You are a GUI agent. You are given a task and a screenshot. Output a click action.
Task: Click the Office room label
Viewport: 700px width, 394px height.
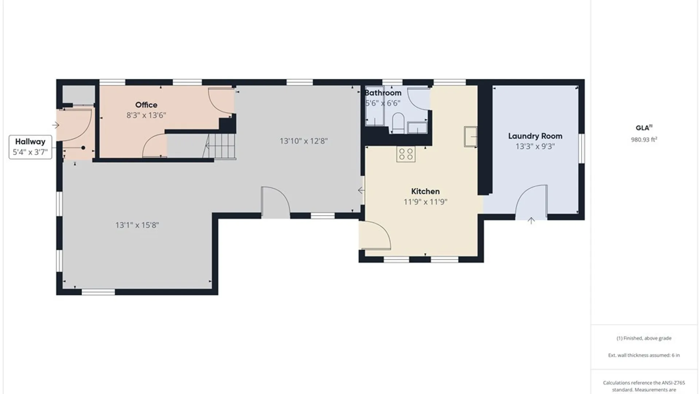(146, 105)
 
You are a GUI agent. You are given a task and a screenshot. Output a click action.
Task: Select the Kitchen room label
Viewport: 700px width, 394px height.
(425, 191)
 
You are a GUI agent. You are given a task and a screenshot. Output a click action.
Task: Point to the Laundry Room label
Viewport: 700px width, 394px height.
(535, 136)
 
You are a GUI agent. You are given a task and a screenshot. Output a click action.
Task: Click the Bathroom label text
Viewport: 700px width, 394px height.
(383, 93)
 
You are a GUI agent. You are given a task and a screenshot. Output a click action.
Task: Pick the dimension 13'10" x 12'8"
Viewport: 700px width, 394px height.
(304, 141)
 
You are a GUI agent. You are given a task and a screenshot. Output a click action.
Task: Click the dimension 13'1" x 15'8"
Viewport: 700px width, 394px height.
(137, 225)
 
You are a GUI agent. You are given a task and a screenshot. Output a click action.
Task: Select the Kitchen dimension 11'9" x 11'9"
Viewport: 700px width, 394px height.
(425, 202)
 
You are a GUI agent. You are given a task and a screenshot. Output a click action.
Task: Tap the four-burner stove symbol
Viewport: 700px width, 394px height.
(406, 154)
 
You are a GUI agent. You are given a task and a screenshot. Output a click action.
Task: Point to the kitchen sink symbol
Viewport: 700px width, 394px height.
(471, 137)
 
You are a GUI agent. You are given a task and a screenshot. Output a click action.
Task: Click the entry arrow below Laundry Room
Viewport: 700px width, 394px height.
(531, 220)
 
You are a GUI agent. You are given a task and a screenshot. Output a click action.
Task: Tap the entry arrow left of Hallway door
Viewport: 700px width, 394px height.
(56, 125)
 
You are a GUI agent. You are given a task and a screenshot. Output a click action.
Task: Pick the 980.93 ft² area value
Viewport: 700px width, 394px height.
(644, 139)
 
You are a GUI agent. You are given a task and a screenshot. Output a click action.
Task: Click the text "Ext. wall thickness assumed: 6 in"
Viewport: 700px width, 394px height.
(644, 355)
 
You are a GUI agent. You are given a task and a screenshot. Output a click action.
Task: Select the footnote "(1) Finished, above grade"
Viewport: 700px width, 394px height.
(644, 338)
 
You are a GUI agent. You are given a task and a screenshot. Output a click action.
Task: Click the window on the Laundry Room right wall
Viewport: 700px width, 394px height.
(582, 148)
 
